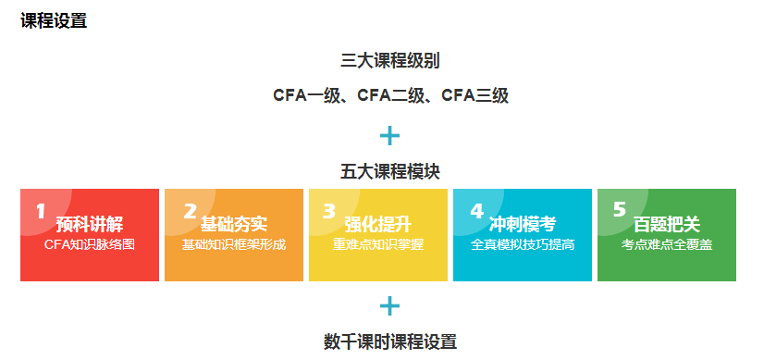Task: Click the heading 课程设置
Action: (x=54, y=21)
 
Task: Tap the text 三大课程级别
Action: (x=389, y=62)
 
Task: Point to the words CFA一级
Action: (x=307, y=95)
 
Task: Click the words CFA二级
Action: (x=390, y=95)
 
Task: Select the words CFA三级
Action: (x=474, y=95)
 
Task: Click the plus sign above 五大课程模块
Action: (x=390, y=136)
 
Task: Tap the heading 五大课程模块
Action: (x=389, y=172)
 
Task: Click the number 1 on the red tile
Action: (x=40, y=212)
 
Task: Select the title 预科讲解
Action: (x=90, y=225)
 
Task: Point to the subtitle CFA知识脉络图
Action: (x=90, y=245)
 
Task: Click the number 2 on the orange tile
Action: (x=190, y=212)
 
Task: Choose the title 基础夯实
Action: (x=234, y=225)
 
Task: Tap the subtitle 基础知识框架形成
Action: (x=234, y=245)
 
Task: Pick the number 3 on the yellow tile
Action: (x=328, y=212)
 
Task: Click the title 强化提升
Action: (x=378, y=225)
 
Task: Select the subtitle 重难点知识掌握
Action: (x=378, y=245)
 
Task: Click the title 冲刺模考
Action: (x=523, y=225)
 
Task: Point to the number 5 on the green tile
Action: (x=619, y=210)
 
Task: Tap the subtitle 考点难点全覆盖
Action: (x=667, y=245)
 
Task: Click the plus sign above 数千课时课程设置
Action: (x=390, y=306)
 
